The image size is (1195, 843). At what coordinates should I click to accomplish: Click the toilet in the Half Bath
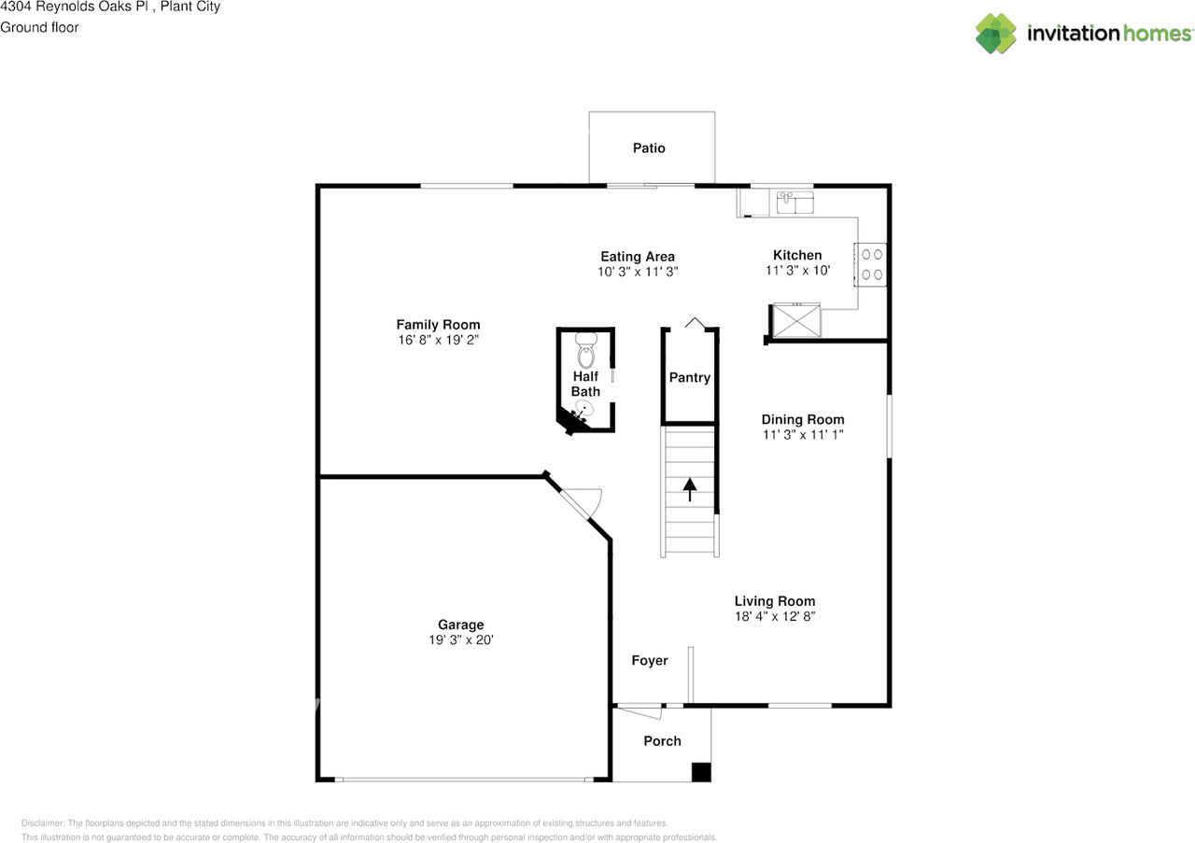coord(586,351)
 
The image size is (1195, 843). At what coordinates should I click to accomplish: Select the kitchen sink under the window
coord(794,201)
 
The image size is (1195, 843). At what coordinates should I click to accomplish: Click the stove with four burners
coord(872,264)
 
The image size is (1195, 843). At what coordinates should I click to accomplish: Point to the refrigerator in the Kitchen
coord(794,319)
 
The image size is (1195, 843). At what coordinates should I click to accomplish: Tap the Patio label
coord(649,148)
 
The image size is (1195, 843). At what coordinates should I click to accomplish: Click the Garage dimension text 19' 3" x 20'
coord(461,640)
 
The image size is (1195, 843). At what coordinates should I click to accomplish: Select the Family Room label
coord(438,325)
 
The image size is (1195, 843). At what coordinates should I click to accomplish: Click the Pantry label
coord(690,377)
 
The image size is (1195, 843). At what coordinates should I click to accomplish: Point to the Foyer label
coord(650,660)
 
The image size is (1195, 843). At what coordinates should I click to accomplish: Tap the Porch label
coord(662,740)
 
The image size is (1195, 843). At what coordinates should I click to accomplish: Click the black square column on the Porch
coord(700,772)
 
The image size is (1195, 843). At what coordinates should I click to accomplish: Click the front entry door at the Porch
coord(640,711)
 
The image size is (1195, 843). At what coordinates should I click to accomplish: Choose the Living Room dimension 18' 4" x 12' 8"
coord(774,616)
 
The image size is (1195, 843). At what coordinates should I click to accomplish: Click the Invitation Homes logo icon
coord(996,34)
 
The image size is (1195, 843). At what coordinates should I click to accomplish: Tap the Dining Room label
coord(802,419)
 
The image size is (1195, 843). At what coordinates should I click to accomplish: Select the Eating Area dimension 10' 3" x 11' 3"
coord(638,272)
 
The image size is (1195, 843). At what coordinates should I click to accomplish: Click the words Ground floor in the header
coord(39,27)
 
